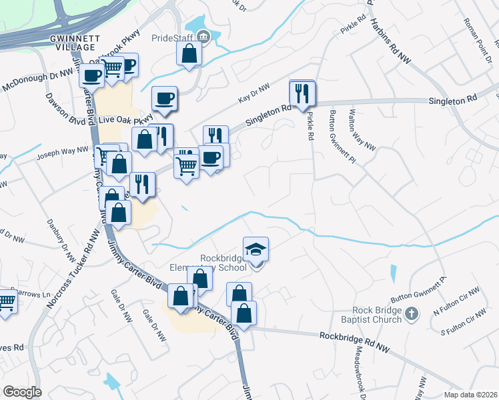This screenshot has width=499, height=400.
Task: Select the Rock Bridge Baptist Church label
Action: pos(378,315)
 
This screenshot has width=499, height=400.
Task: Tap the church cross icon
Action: pos(412,313)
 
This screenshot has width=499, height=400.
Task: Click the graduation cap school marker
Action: pos(256,249)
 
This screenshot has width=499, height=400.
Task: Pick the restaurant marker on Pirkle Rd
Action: pos(302,93)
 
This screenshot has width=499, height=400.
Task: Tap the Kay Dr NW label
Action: pos(254,95)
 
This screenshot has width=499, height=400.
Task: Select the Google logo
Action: pos(22,392)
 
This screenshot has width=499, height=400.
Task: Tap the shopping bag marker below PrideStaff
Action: pos(189,53)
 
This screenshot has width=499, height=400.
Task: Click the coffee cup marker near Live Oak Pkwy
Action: pos(164,99)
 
